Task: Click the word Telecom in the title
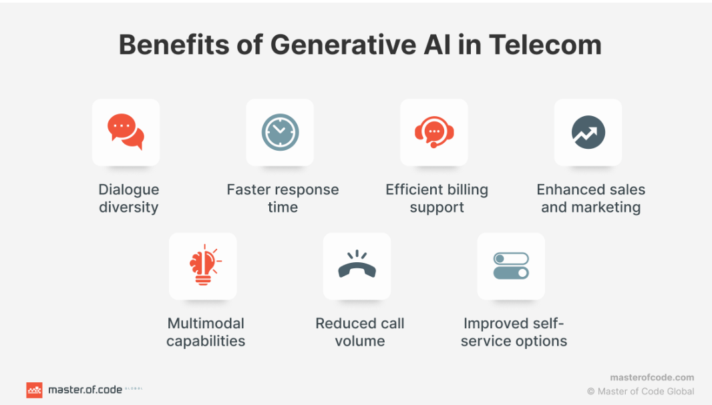(545, 45)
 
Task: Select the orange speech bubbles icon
(126, 132)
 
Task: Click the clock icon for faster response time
(280, 132)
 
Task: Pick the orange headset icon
(434, 132)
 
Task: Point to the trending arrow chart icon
(588, 132)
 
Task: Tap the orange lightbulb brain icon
(203, 266)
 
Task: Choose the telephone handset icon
(357, 266)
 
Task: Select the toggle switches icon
(511, 266)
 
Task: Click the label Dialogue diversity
(128, 198)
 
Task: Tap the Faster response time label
(283, 198)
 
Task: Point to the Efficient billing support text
(437, 198)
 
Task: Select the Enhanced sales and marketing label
(590, 198)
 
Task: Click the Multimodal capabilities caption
(206, 332)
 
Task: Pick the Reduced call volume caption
(360, 332)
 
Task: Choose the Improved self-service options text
(514, 332)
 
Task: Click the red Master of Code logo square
(34, 390)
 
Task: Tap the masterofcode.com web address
(652, 378)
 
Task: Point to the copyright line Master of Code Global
(641, 392)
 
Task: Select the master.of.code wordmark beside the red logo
(85, 390)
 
